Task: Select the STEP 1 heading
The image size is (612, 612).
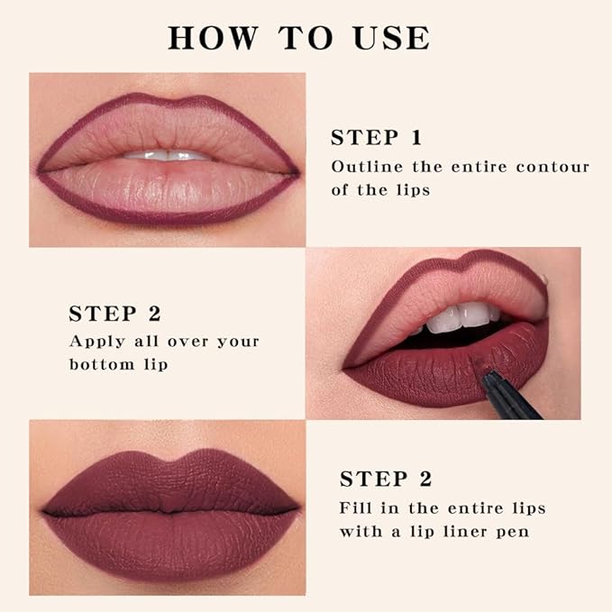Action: pyautogui.click(x=376, y=138)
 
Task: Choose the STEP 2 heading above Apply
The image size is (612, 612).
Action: pyautogui.click(x=114, y=314)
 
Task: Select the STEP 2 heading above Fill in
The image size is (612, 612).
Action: pyautogui.click(x=385, y=479)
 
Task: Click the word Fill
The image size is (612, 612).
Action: pyautogui.click(x=357, y=507)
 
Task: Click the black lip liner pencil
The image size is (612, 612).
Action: pyautogui.click(x=509, y=397)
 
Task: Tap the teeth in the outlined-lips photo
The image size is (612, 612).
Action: pyautogui.click(x=169, y=155)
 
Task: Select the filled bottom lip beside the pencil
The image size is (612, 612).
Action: pyautogui.click(x=424, y=370)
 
